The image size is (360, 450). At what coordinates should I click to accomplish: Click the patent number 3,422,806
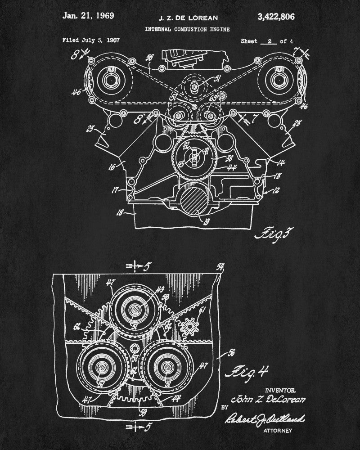[276, 17]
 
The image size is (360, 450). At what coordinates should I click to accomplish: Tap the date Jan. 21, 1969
[88, 16]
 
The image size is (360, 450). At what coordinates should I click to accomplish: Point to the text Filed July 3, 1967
[91, 41]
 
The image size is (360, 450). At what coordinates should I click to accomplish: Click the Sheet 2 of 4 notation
[267, 41]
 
